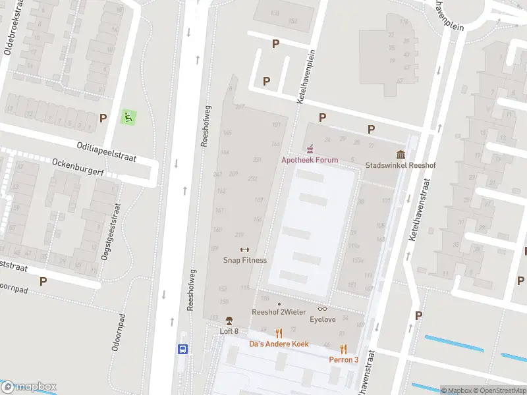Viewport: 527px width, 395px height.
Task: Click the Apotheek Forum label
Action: coord(310,160)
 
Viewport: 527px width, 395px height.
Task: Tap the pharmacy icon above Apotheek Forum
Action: coord(310,149)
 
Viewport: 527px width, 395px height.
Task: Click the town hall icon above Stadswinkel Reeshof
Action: coord(401,155)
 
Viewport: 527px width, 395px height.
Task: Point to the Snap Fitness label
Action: coord(244,260)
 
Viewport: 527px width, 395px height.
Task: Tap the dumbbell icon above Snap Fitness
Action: coord(244,250)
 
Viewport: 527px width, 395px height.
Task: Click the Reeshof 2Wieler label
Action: coord(278,312)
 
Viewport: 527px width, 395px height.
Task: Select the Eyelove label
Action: coord(322,319)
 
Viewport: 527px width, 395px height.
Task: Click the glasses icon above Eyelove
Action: coord(322,309)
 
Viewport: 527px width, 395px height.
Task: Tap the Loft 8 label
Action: coord(229,331)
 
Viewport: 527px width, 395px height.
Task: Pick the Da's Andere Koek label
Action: coord(279,344)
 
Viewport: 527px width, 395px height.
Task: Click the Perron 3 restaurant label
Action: coord(344,359)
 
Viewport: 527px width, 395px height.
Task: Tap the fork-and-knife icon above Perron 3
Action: coord(343,349)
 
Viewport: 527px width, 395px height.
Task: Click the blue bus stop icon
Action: coord(183,350)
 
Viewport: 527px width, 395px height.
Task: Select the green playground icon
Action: coord(129,118)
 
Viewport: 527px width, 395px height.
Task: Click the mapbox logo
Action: coord(29,386)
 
